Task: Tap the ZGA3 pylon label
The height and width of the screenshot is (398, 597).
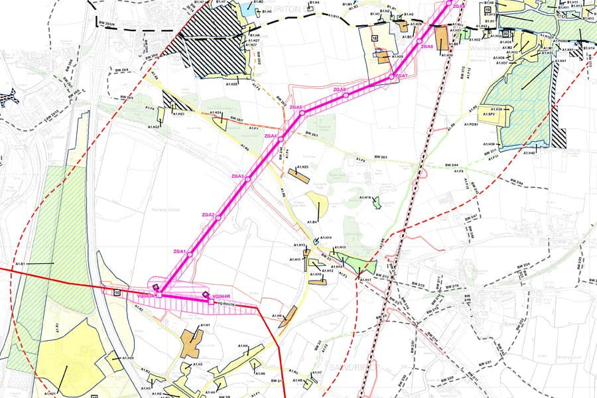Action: pos(237,176)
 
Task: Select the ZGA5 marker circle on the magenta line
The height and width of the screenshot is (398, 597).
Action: pos(302,113)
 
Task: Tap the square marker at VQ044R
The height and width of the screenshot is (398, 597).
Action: pos(211,302)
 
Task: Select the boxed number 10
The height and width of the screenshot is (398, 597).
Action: pos(117,292)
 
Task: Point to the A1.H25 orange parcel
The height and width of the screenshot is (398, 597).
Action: pos(298,176)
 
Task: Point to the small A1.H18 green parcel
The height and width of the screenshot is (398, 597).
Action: pos(377,201)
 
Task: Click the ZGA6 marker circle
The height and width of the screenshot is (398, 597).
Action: pos(346,96)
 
